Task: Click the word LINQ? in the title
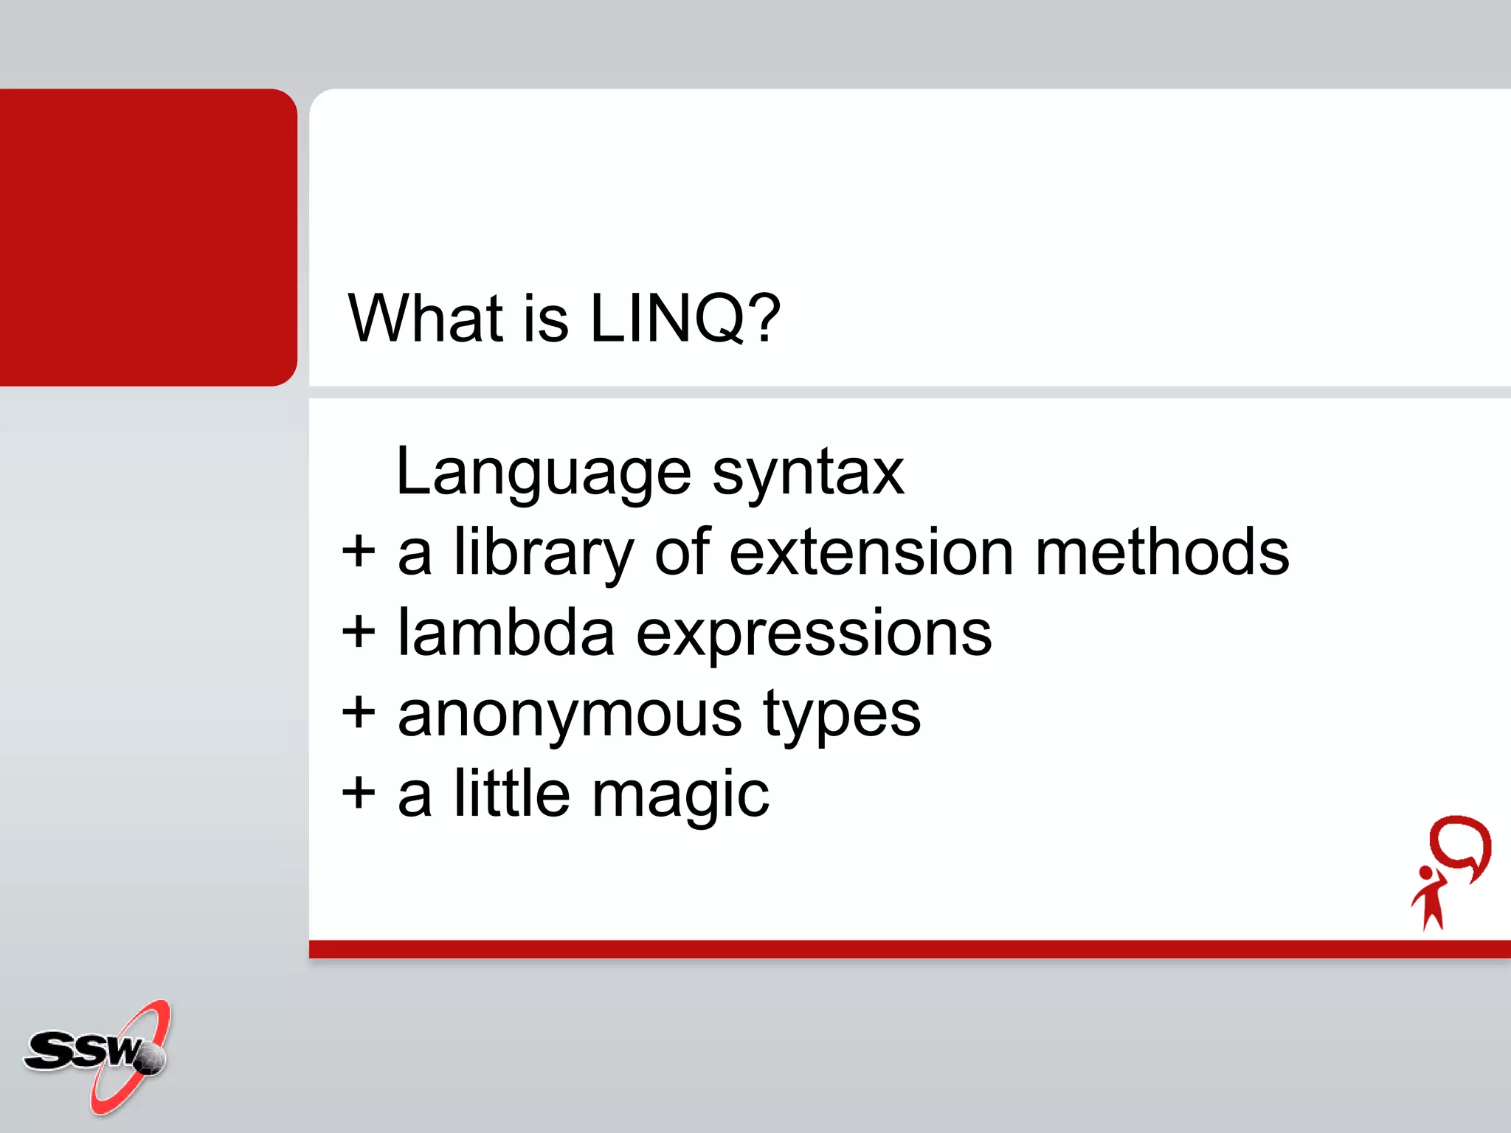(685, 319)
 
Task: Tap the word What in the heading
(426, 319)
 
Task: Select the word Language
(543, 474)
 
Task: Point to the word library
(544, 555)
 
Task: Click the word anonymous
(570, 716)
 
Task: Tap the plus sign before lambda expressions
(359, 633)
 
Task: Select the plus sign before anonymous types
(359, 713)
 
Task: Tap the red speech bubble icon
(1460, 845)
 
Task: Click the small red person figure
(1430, 898)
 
